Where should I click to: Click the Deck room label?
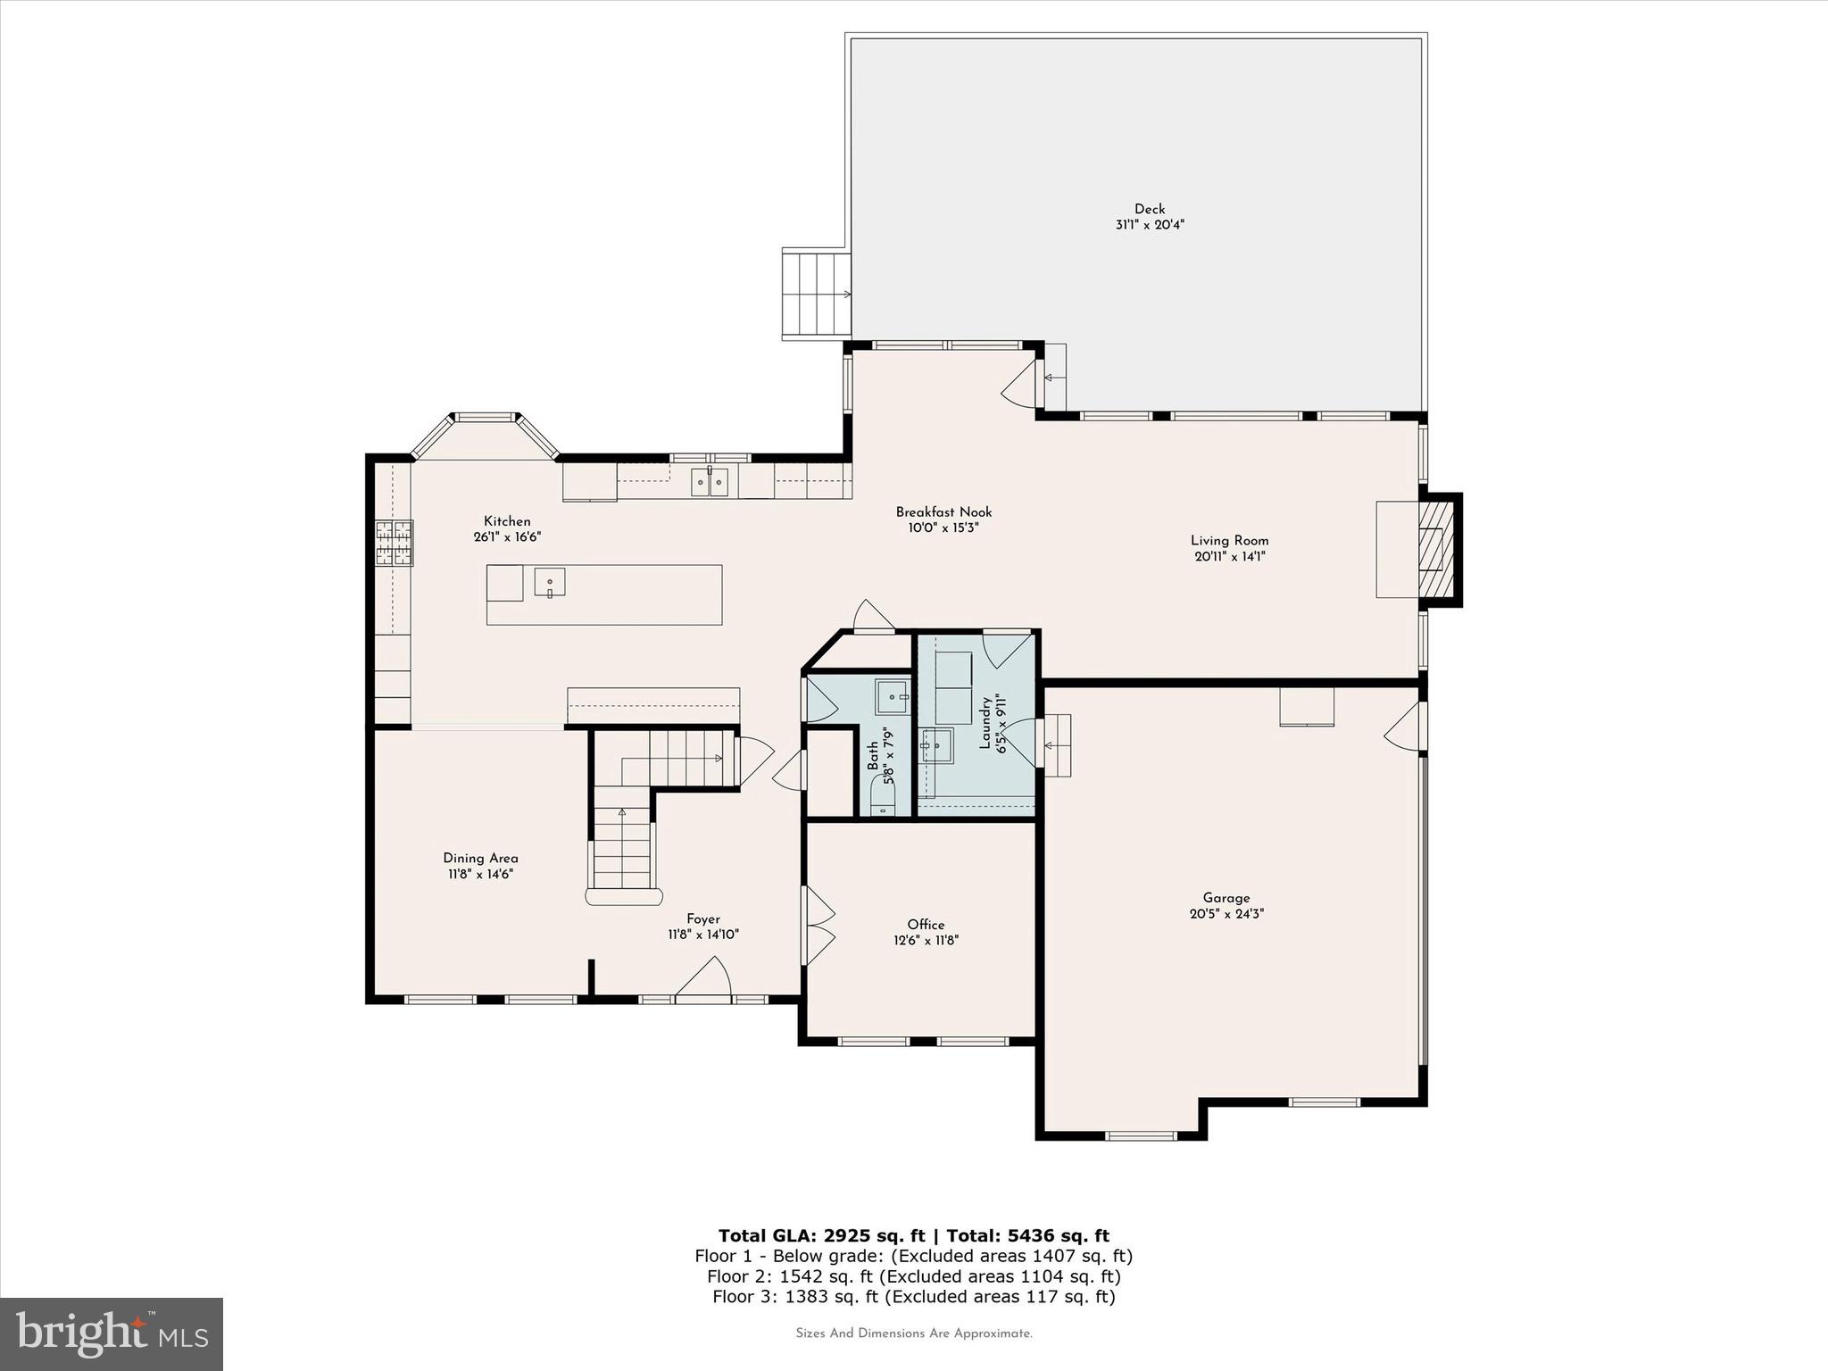1150,209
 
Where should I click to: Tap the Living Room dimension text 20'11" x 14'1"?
1230,557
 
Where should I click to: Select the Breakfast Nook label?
943,512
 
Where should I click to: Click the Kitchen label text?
507,521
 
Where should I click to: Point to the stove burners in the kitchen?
394,544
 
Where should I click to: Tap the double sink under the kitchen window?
710,482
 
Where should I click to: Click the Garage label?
1226,898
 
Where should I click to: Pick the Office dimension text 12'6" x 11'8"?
926,940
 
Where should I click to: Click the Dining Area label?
480,858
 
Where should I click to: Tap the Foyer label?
702,918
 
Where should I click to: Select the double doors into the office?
818,926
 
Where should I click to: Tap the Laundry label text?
985,723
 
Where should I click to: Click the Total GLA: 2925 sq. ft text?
821,1235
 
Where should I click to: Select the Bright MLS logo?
112,1334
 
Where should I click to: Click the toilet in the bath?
883,800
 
